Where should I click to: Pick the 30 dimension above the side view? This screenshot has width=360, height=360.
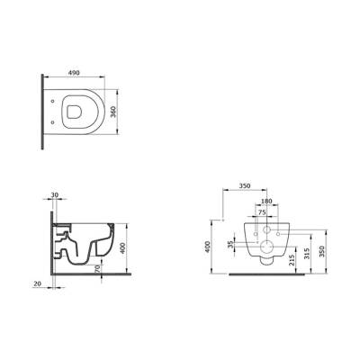pos(55,196)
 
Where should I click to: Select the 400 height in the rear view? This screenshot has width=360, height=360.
pos(208,247)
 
